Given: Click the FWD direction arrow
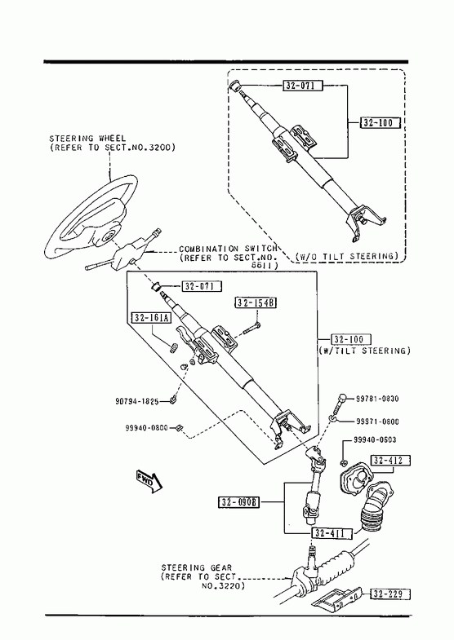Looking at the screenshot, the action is point(149,480).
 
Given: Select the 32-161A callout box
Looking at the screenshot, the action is point(151,317).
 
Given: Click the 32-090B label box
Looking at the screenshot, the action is point(239,502).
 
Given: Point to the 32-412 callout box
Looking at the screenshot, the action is point(390,460).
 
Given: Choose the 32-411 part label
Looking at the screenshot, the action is point(332,533).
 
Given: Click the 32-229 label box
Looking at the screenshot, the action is point(390,594).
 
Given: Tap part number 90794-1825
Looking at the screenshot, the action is point(137,402).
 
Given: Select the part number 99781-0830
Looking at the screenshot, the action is point(377,399).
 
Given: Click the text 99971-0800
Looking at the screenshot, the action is point(377,422).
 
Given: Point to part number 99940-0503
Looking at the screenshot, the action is point(375,439).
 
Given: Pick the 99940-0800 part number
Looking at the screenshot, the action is point(147,428).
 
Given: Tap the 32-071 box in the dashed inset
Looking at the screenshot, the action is point(303,86).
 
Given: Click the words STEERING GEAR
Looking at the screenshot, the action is point(197,567).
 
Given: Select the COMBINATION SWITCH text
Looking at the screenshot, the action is point(228,249).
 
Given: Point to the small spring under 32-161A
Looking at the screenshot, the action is point(173,348).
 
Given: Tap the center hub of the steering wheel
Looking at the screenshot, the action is point(109,236).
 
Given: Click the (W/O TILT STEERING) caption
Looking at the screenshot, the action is point(346,256).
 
